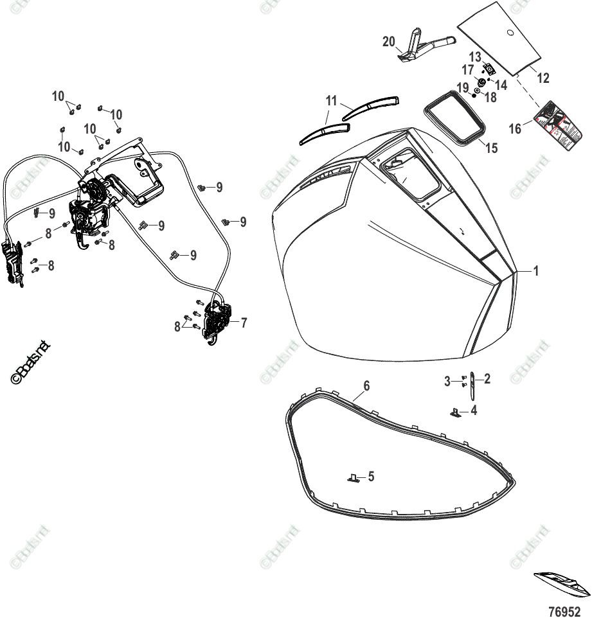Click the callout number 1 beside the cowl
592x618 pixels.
pyautogui.click(x=536, y=271)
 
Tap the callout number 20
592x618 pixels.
pyautogui.click(x=388, y=42)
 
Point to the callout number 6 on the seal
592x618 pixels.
pyautogui.click(x=366, y=385)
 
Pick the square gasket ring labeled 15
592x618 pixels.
pyautogui.click(x=455, y=116)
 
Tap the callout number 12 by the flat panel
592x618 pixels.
pyautogui.click(x=543, y=78)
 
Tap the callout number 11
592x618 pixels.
pyautogui.click(x=332, y=101)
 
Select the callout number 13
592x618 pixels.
pyautogui.click(x=474, y=56)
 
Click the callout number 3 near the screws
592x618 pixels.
pyautogui.click(x=449, y=382)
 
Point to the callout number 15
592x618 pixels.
pyautogui.click(x=491, y=148)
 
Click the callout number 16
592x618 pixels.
pyautogui.click(x=515, y=129)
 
